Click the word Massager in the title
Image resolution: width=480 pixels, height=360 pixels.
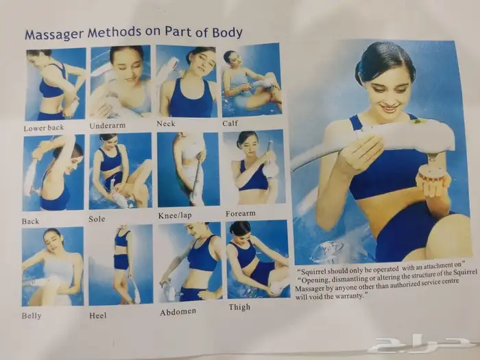pos(54,34)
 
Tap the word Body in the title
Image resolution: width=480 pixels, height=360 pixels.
pos(228,32)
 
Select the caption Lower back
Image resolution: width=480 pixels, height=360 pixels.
pos(44,128)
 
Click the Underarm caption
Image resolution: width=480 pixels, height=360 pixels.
pos(108,125)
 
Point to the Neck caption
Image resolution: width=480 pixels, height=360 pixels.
pos(166,123)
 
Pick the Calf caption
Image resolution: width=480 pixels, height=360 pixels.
pos(230,123)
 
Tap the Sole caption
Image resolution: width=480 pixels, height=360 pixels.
pos(97,219)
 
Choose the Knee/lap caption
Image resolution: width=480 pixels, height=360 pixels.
pos(175,215)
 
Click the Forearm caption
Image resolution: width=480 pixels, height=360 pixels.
pos(241,213)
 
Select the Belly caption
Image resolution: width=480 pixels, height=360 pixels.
pos(32,315)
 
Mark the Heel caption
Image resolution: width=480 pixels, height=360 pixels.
pos(98,315)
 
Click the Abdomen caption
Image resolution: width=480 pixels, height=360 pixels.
pos(178,312)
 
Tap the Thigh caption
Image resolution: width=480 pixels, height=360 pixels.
pos(239,307)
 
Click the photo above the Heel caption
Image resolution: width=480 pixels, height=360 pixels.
pos(121,265)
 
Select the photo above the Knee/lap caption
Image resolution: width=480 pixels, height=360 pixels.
pos(189,169)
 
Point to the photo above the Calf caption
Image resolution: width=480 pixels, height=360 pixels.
pos(252,80)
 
